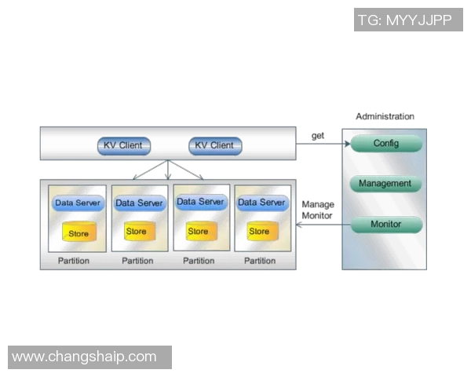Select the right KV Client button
214,145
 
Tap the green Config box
385,144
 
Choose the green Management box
385,184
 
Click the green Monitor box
385,225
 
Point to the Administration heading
385,116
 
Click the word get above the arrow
317,136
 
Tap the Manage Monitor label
317,210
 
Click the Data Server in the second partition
139,203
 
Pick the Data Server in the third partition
200,202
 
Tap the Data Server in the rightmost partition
261,203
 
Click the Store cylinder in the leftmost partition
78,233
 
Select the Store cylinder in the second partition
136,232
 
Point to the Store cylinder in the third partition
198,232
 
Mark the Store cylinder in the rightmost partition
259,232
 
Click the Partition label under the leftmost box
74,261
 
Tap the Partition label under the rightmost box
260,261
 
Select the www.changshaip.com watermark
85,357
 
